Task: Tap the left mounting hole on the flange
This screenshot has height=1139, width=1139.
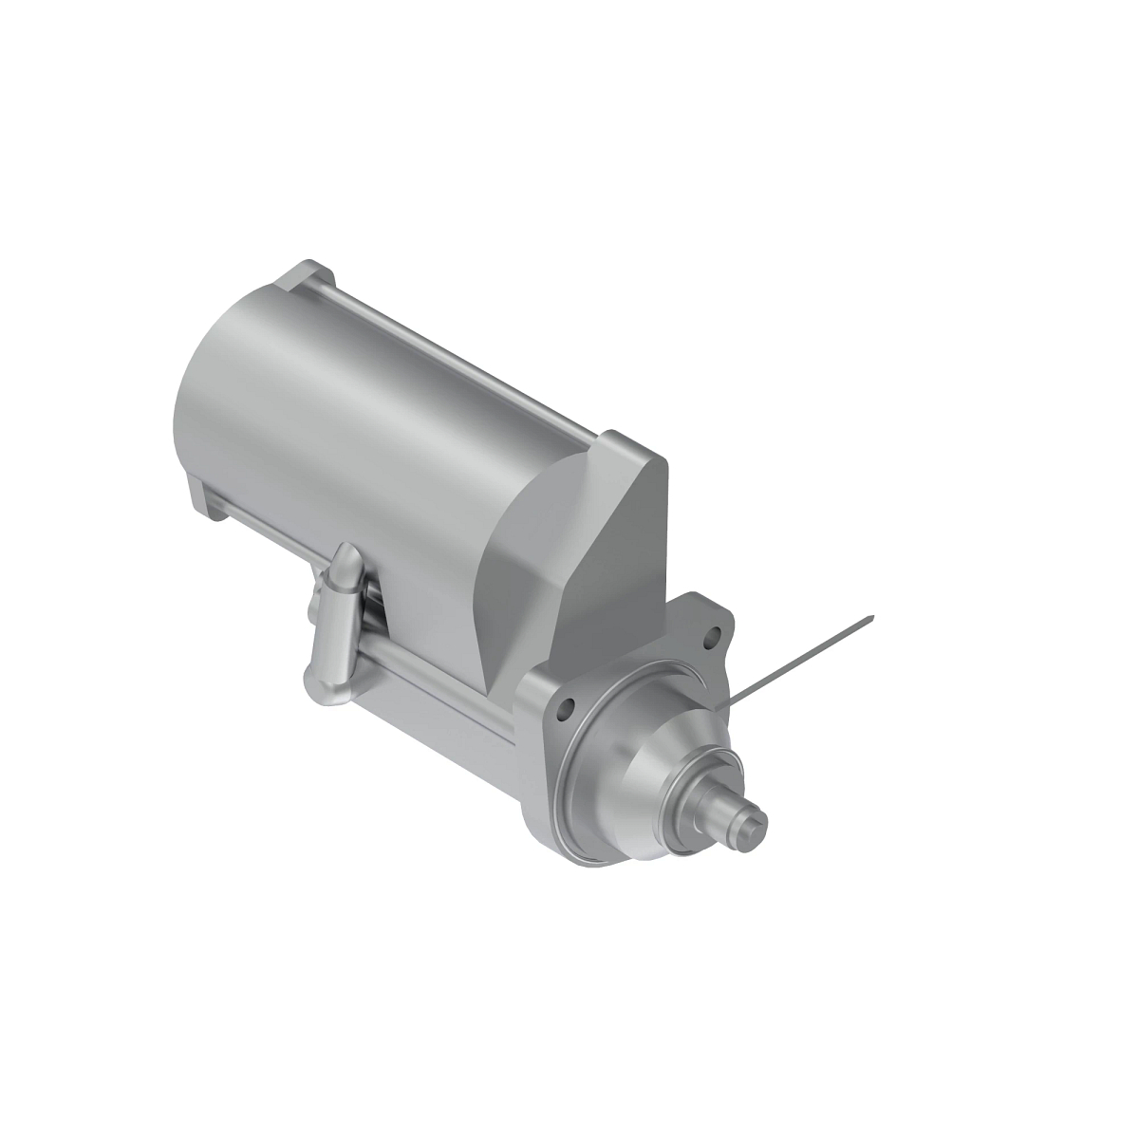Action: pos(568,707)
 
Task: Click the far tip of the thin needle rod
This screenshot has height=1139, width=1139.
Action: pos(871,618)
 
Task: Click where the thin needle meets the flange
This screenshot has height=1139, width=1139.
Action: pos(729,703)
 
